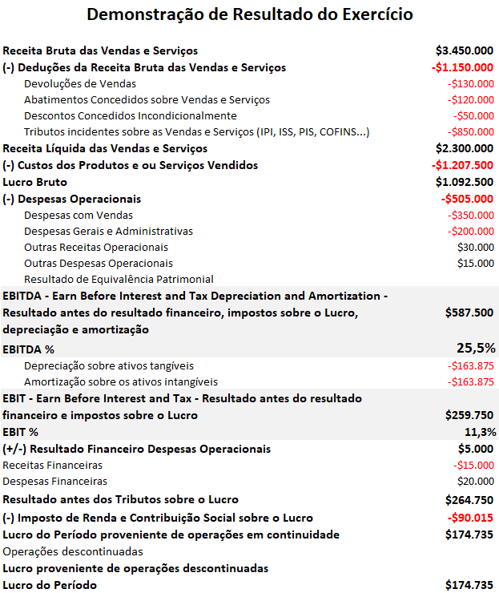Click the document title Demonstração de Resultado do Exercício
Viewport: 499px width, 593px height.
pos(249,14)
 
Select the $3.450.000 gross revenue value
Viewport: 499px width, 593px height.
pos(465,50)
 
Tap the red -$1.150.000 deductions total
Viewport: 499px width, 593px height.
pos(461,67)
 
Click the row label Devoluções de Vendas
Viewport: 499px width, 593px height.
pos(80,83)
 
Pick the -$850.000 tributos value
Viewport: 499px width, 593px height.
pos(471,131)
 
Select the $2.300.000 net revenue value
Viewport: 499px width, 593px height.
pos(465,148)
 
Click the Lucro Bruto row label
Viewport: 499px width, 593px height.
pos(35,182)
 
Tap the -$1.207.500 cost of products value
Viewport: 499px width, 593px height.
pos(461,165)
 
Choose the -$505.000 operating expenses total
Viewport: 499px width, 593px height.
pos(467,199)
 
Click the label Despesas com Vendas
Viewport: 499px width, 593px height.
pos(78,215)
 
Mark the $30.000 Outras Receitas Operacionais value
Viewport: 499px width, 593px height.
pos(476,247)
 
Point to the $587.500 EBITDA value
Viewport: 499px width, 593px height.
pos(469,313)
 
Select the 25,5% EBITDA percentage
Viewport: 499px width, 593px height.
pos(476,348)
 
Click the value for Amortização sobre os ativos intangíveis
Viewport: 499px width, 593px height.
pos(471,381)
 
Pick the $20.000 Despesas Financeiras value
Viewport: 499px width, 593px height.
pos(476,481)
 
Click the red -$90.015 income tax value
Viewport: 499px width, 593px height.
pos(471,518)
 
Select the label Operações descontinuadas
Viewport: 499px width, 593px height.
pos(73,551)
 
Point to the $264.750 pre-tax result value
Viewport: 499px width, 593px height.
pos(469,500)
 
